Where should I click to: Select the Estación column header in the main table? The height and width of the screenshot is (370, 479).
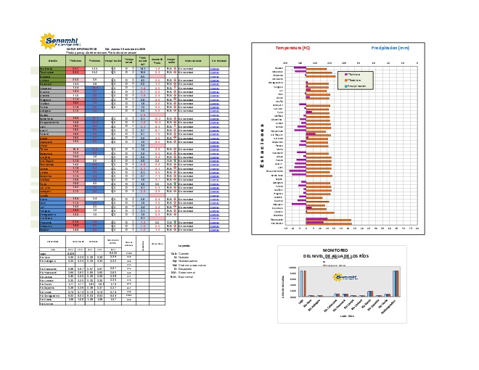53,60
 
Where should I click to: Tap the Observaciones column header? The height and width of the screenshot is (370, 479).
192,60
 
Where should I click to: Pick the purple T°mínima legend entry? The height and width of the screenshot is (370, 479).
355,74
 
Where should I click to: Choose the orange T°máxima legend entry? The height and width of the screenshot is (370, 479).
356,80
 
